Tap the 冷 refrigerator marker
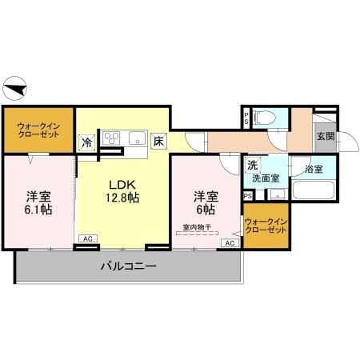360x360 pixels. tap(86, 142)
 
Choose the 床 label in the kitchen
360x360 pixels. tap(159, 141)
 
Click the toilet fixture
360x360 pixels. tap(268, 118)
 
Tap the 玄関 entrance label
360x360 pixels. tap(325, 135)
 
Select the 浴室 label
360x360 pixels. tap(311, 170)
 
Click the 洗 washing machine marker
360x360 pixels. tap(252, 165)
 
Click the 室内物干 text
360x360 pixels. tap(196, 226)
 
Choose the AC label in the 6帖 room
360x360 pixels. tap(230, 242)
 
